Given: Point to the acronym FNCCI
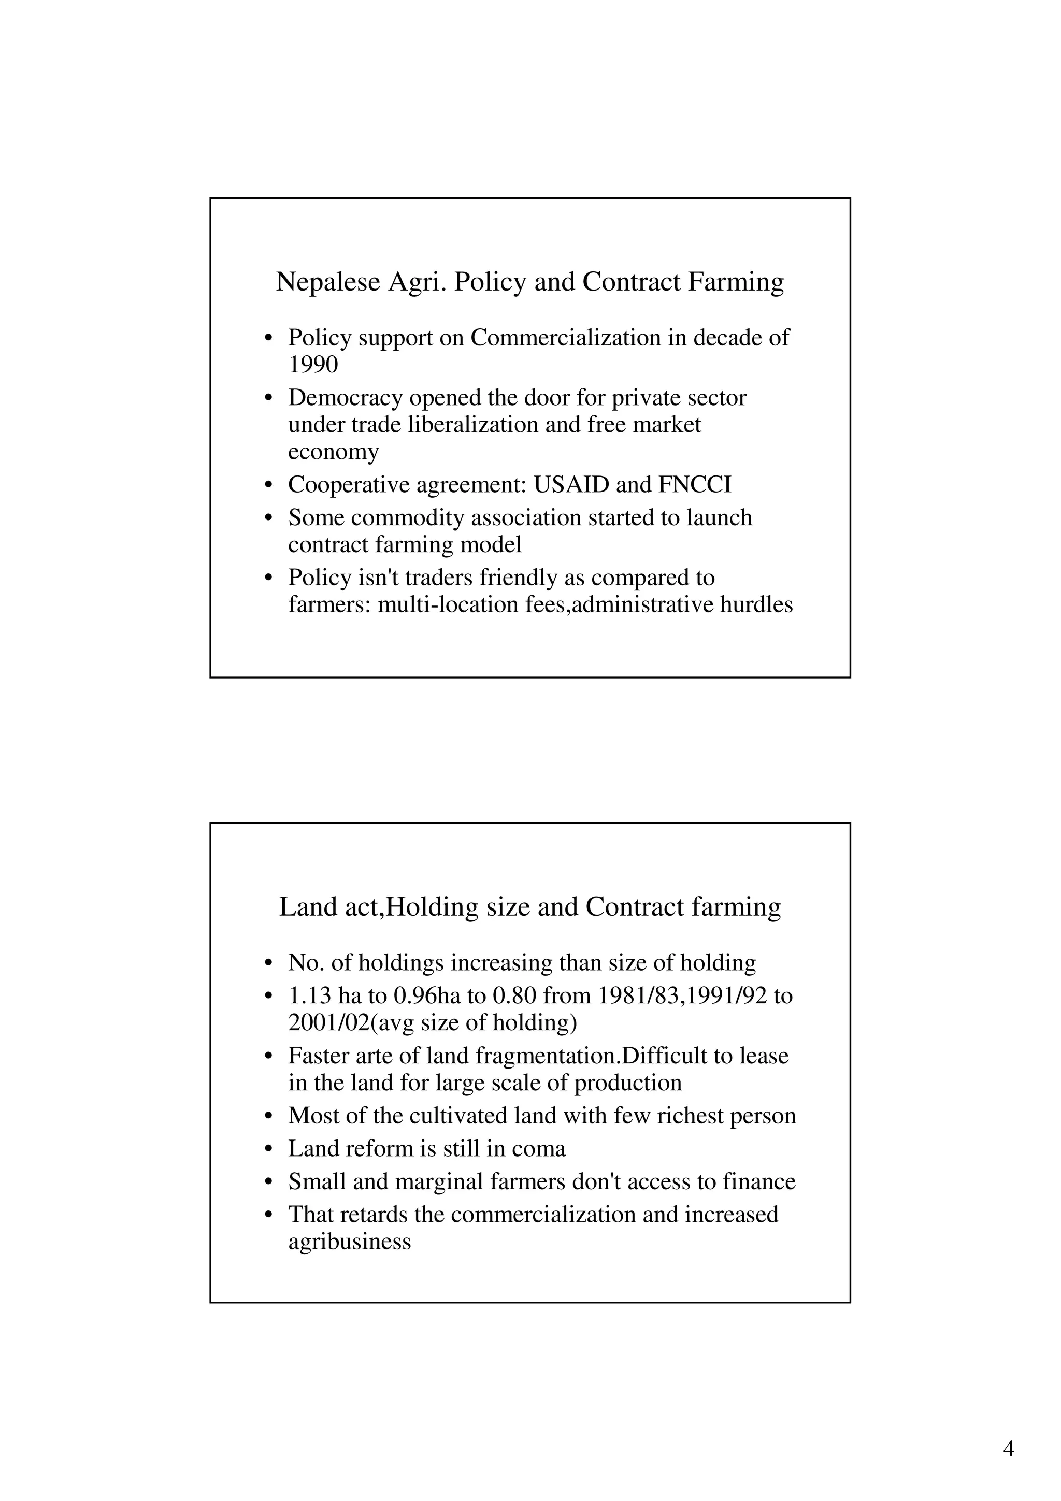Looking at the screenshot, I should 694,485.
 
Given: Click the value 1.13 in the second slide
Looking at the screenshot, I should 310,997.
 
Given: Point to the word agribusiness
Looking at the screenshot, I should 349,1242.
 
